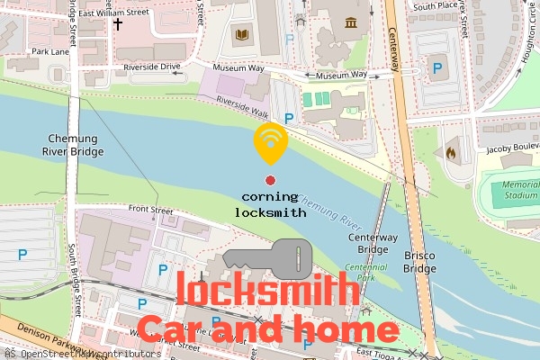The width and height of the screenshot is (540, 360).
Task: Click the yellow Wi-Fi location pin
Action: point(270,142)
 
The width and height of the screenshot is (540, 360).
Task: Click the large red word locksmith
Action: point(263,291)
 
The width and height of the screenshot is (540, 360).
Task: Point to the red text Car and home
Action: point(267,329)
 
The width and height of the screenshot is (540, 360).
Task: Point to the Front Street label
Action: point(149,211)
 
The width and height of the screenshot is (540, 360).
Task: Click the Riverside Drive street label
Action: point(152,67)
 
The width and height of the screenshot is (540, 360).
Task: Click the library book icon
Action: point(240,36)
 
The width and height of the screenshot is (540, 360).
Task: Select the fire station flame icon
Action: point(451,153)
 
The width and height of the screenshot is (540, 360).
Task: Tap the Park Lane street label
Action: point(49,52)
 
